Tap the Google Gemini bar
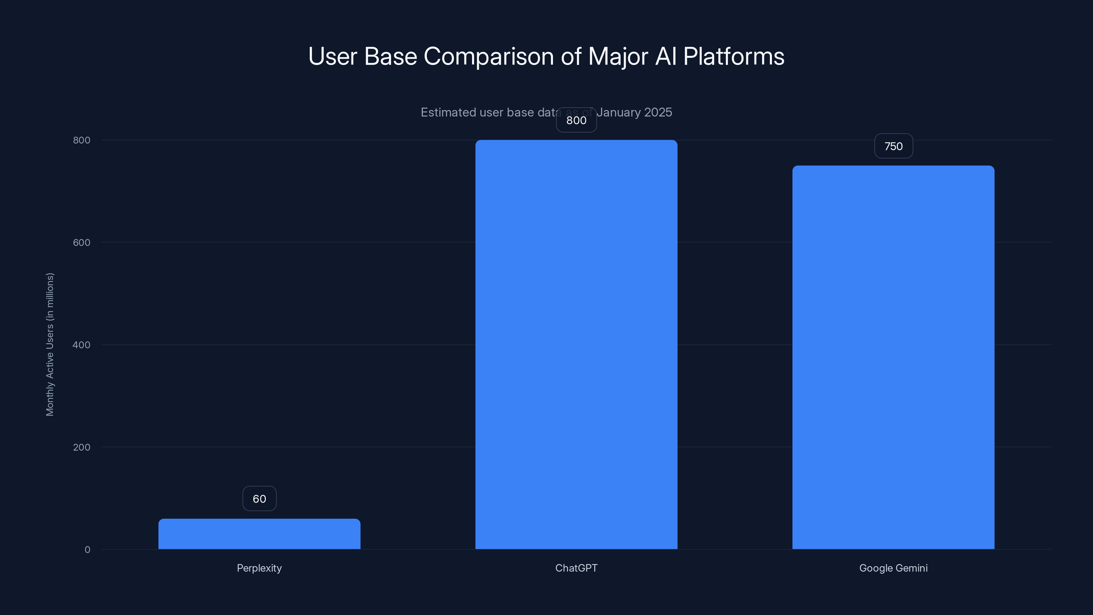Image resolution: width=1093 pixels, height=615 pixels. (x=893, y=357)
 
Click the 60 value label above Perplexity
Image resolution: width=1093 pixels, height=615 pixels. (x=259, y=499)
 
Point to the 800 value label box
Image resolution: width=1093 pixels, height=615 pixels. (x=576, y=120)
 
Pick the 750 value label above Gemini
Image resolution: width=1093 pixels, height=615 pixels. (x=893, y=147)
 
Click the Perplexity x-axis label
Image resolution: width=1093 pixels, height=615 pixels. (x=259, y=568)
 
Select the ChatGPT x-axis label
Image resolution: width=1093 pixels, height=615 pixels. (x=576, y=568)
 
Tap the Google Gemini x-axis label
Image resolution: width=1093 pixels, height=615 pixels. (x=893, y=568)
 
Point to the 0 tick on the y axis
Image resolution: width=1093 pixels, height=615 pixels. (x=87, y=550)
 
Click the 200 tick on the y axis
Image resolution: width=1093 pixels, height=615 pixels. (x=82, y=447)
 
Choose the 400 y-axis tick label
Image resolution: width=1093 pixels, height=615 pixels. (x=82, y=345)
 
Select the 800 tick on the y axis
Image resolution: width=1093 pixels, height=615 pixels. (x=82, y=140)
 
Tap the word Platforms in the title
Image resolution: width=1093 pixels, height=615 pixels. (x=734, y=56)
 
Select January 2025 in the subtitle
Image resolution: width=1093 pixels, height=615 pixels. (x=634, y=112)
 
